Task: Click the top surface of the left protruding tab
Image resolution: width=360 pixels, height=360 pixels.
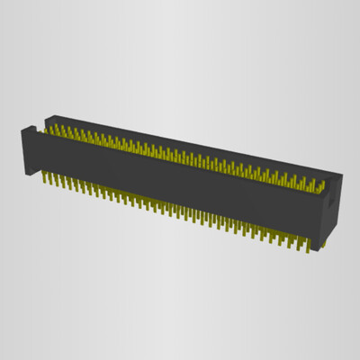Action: click(x=31, y=128)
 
